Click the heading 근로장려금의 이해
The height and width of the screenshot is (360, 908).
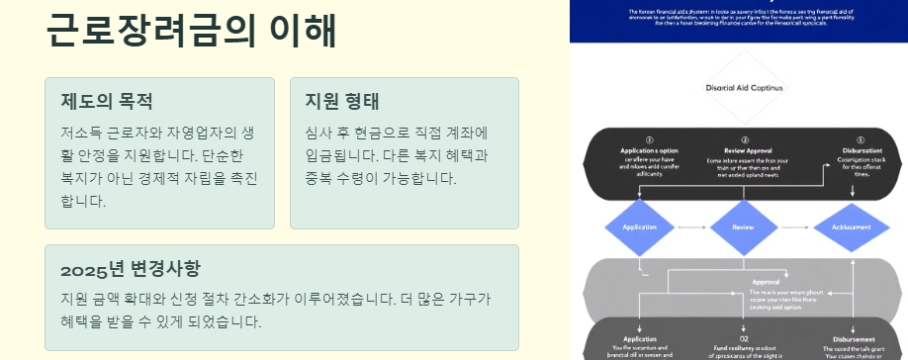click(x=191, y=31)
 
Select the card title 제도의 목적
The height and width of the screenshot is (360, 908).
click(x=106, y=101)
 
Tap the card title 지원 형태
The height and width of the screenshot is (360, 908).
click(x=342, y=101)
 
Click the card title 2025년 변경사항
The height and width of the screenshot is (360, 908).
click(x=130, y=269)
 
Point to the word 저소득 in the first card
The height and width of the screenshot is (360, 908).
click(x=80, y=132)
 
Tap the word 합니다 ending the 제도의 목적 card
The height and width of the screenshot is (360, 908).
click(x=81, y=202)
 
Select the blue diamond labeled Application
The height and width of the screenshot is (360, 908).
click(x=640, y=226)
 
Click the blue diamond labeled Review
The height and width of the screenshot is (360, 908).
click(x=743, y=226)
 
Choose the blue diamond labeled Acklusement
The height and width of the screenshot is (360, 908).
click(x=851, y=226)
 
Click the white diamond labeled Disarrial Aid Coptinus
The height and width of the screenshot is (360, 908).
click(x=744, y=88)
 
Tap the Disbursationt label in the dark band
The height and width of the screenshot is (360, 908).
click(x=860, y=150)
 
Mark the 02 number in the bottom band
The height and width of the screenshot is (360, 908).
click(x=744, y=337)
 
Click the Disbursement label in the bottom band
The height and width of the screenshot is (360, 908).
click(x=852, y=337)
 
